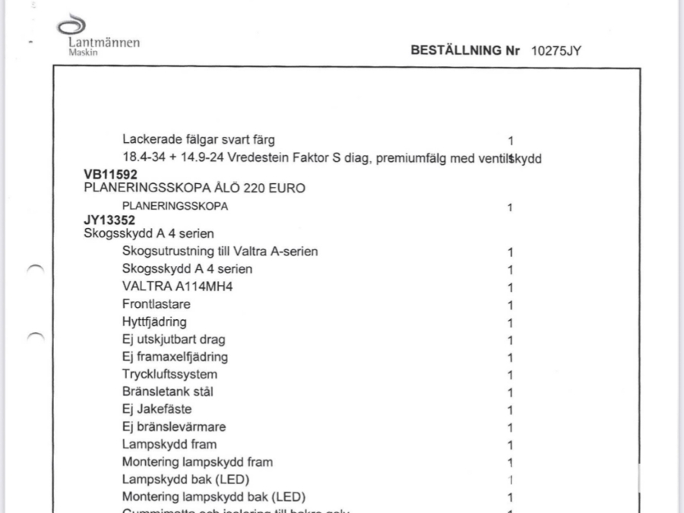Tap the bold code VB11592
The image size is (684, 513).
tap(110, 175)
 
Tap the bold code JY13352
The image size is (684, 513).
tap(109, 221)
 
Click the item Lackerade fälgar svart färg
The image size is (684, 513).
tap(198, 140)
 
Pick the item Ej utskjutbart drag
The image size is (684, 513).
tap(173, 339)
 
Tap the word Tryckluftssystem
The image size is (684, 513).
tap(169, 375)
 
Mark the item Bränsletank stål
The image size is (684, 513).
tap(168, 392)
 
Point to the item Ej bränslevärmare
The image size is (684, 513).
tap(173, 427)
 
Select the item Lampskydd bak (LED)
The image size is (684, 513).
tap(186, 480)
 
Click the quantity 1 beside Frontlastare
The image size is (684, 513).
tap(511, 305)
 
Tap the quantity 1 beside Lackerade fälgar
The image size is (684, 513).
tap(511, 141)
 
